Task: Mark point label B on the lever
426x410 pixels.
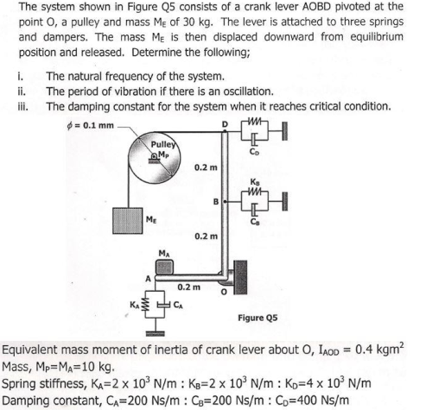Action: tap(215, 204)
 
